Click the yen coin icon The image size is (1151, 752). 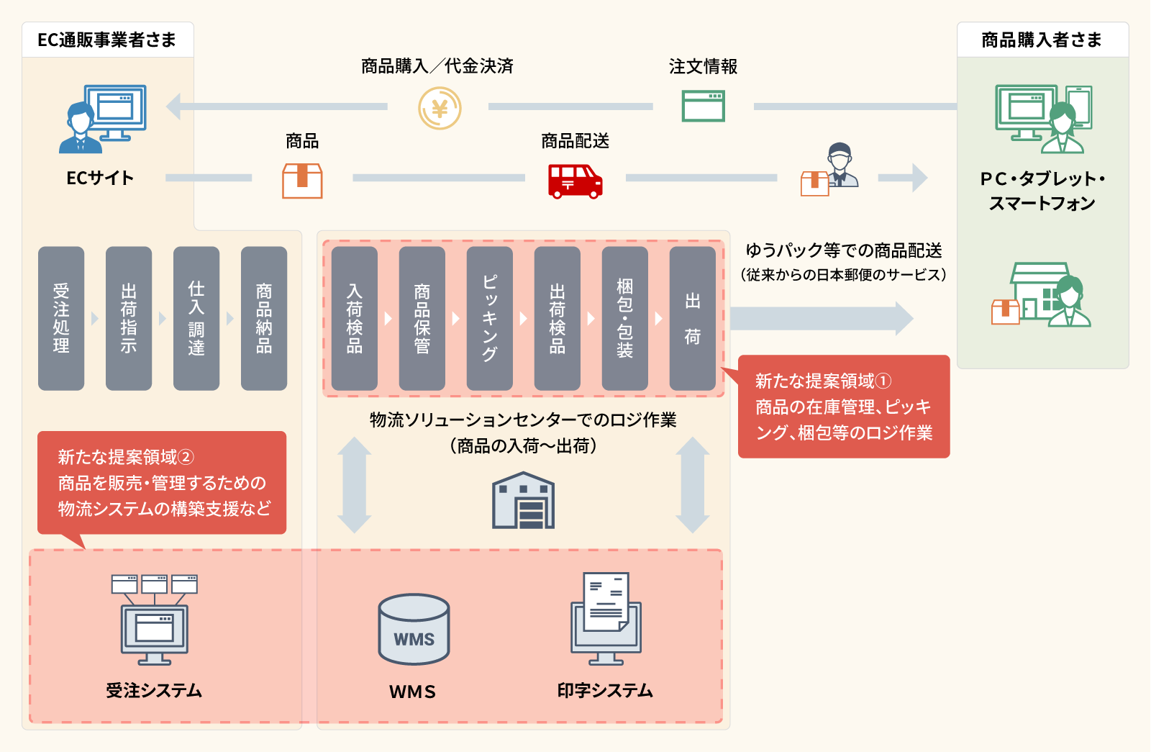coord(440,108)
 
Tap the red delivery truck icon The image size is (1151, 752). coord(575,181)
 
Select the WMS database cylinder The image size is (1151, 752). coord(414,629)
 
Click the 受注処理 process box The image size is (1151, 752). coord(61,318)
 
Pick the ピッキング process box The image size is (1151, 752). coord(489,318)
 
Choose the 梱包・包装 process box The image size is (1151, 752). coord(624,318)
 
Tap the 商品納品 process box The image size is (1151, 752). coord(264,318)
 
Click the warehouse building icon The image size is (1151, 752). coord(523,501)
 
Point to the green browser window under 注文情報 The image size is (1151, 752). coord(703,106)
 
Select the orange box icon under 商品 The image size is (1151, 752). coord(302,180)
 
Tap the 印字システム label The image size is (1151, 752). coord(605,691)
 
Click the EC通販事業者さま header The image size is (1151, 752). coord(107,40)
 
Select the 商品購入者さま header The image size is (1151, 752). coord(1042,40)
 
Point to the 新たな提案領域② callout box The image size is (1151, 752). coord(162,483)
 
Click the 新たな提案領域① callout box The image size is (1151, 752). coord(844,407)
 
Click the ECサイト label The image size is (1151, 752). coord(100,178)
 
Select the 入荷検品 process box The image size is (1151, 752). coord(354,318)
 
